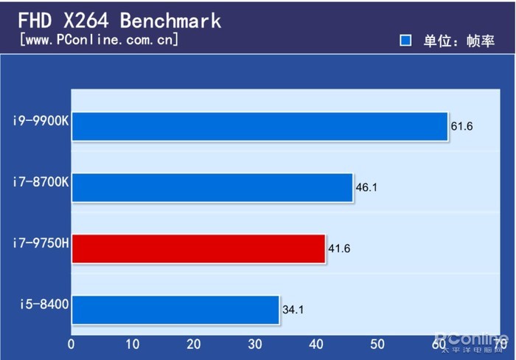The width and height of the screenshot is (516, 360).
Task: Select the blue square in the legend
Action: [405, 41]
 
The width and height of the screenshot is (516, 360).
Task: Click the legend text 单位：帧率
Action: [458, 41]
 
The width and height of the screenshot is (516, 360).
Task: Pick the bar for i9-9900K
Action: [259, 126]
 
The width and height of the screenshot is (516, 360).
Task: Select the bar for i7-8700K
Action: [212, 187]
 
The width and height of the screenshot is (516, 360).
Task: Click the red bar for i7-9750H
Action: [198, 249]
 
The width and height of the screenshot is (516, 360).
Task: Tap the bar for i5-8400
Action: [175, 310]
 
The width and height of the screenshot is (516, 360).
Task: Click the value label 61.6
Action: [461, 126]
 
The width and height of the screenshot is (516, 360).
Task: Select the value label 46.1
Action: [366, 187]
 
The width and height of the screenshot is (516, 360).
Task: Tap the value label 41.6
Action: [339, 249]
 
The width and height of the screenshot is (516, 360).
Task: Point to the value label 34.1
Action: [293, 310]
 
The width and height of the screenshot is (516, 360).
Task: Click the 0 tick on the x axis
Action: [72, 344]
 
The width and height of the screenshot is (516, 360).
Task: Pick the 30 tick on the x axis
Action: [255, 344]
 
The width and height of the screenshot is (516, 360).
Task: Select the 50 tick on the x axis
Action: [378, 344]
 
